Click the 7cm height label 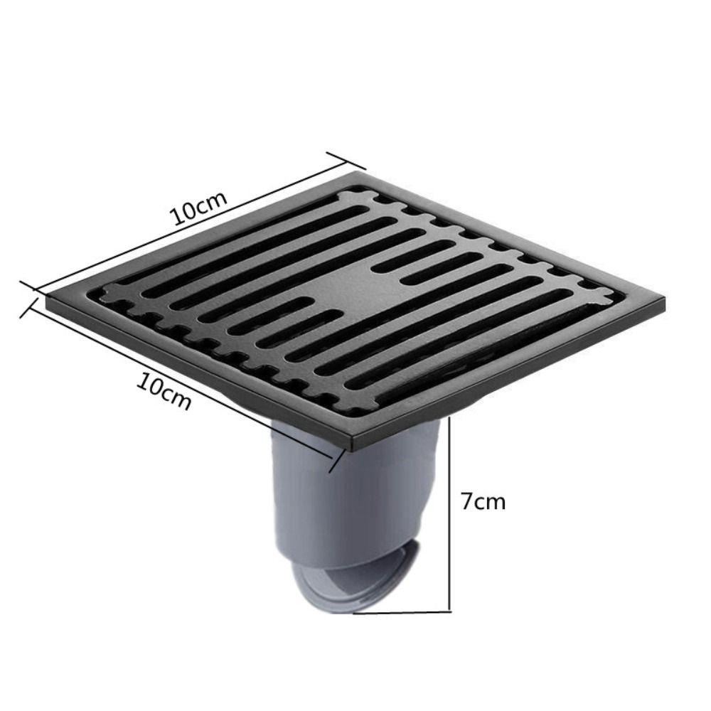tap(482, 501)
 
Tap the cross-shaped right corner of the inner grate tap(599, 297)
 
